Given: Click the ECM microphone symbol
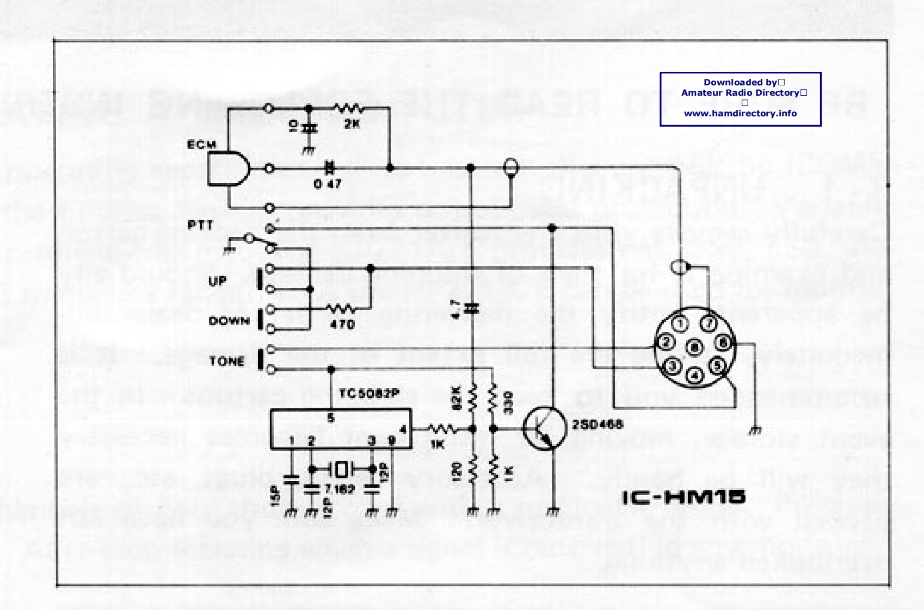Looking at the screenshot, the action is point(229,169).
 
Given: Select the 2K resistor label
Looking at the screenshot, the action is point(352,124).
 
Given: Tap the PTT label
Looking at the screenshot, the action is point(200,225).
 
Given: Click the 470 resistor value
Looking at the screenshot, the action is point(342,325).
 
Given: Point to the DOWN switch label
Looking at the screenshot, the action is point(229,321).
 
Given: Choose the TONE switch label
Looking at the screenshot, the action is point(227,361).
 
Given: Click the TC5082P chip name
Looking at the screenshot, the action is point(369,393).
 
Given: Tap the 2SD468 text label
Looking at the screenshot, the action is point(597,424).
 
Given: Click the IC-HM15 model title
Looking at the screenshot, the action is point(683,497).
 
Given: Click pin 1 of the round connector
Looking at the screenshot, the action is point(680,325).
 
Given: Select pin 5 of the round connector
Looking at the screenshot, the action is point(717,365).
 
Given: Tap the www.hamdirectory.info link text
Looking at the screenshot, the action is point(740,114).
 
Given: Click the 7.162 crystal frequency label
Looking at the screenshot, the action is point(340,489).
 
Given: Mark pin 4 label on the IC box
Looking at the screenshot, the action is point(403,430).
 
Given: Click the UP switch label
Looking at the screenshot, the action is point(217,281).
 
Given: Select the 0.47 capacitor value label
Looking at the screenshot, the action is point(327,184).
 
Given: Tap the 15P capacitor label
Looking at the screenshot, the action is point(274,496).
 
